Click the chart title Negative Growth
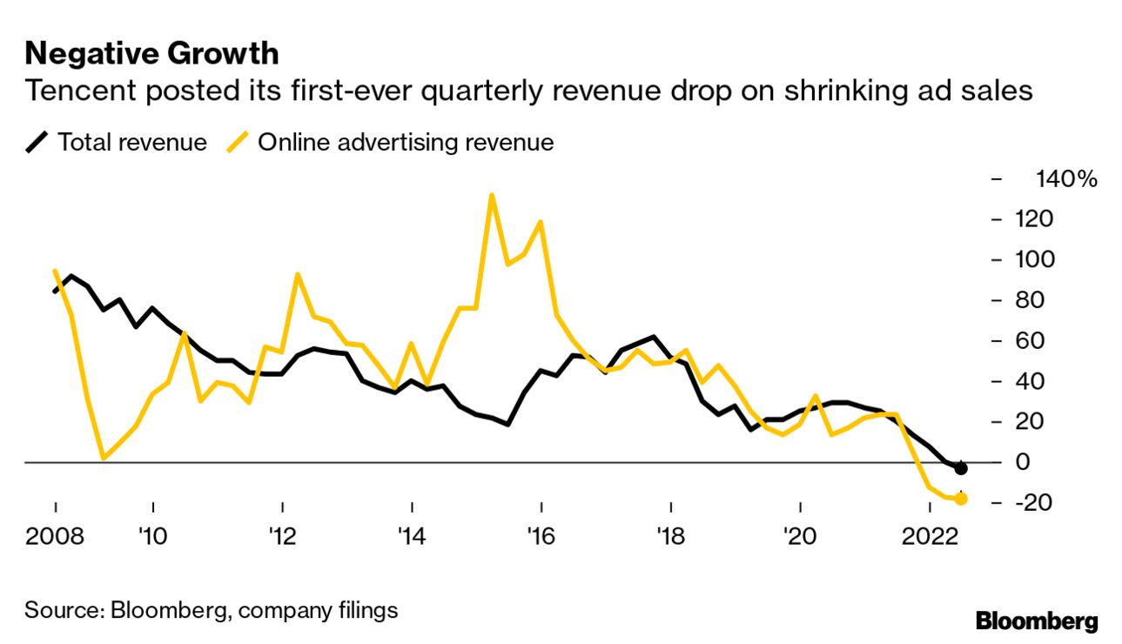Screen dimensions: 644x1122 point(151,54)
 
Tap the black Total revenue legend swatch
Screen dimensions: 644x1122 point(37,142)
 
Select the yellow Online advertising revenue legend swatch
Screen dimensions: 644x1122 point(237,142)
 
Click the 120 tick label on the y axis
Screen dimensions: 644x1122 point(1034,219)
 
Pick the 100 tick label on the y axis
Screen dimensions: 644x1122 point(1034,259)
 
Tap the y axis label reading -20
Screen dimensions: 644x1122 point(1034,503)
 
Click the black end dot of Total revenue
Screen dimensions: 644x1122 point(961,468)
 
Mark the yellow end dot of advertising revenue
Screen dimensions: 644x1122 point(961,499)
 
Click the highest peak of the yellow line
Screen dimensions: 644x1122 point(492,195)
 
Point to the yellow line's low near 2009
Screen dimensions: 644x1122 point(104,458)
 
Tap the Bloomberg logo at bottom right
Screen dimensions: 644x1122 point(1037,621)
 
